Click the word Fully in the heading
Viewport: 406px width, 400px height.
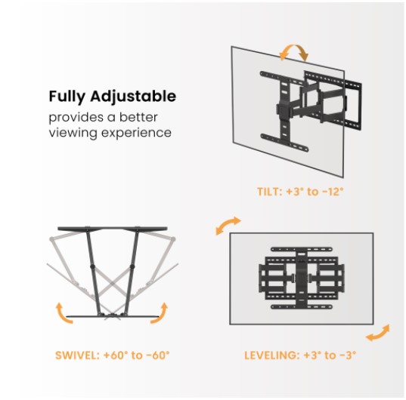click(67, 97)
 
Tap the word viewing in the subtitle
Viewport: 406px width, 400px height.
click(73, 133)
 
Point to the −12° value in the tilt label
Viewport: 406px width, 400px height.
click(330, 192)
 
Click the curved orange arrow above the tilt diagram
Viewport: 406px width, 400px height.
click(293, 53)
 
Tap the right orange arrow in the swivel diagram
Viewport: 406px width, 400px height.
click(160, 311)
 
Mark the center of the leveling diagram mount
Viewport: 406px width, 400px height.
click(301, 278)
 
